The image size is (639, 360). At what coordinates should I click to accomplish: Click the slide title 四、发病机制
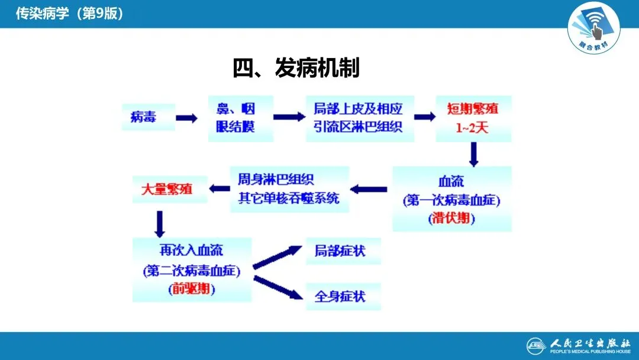(296, 69)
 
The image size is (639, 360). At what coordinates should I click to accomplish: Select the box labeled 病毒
(143, 117)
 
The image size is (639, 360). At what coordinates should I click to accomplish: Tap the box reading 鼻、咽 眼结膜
(240, 118)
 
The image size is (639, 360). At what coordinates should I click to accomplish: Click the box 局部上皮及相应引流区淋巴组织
(359, 118)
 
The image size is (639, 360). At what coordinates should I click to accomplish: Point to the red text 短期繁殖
(473, 109)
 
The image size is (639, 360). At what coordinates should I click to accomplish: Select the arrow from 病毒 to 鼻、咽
(186, 118)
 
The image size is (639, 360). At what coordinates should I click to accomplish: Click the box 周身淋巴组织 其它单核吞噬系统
(289, 189)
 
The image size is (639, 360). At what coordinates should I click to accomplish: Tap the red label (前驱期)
(191, 290)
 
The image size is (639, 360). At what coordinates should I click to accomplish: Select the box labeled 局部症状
(342, 250)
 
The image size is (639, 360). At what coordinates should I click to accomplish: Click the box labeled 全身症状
(342, 295)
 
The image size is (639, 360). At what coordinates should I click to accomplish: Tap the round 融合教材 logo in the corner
(593, 26)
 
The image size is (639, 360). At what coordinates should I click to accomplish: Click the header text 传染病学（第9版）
(70, 13)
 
